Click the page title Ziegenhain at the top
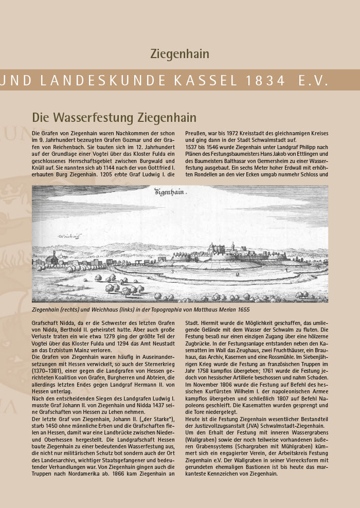click(x=179, y=53)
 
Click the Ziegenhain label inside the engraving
click(x=171, y=192)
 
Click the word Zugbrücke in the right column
click(x=199, y=342)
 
